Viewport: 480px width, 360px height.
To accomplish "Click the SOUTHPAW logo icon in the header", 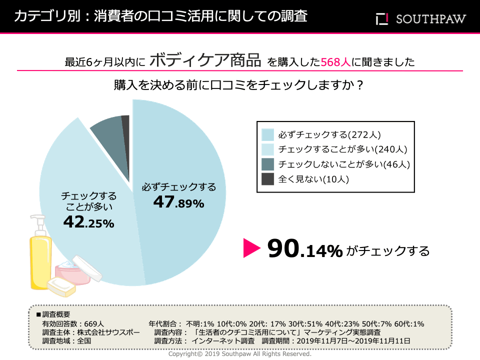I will click(382, 19).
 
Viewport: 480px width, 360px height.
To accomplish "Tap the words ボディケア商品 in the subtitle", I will click(205, 61).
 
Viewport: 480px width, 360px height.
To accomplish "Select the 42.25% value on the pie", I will click(88, 223).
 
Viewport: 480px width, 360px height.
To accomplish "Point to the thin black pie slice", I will click(126, 125).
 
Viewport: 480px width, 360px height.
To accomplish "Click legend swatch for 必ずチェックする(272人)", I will click(268, 134).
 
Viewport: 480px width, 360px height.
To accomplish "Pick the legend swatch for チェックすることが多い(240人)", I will click(268, 149).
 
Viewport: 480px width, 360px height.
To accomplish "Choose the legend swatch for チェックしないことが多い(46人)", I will click(268, 164).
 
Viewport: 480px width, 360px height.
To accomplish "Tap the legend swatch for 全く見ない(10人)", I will click(268, 179).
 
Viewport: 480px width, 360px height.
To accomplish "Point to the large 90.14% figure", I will click(304, 249).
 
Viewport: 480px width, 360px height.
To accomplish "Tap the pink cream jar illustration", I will click(70, 272).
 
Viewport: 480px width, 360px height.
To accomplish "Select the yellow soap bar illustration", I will click(61, 288).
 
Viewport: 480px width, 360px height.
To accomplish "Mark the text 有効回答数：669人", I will click(73, 323).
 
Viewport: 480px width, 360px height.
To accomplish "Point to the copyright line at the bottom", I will click(240, 353).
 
